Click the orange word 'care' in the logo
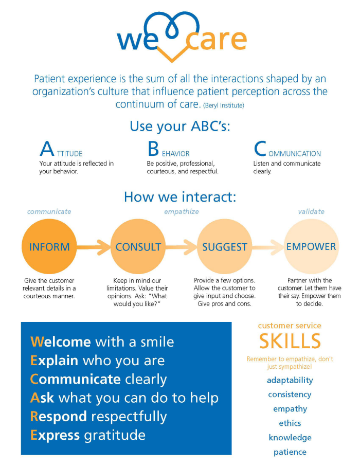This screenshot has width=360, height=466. point(217,40)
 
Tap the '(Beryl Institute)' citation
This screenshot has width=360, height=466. point(224,105)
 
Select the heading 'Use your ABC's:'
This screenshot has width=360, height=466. point(180,127)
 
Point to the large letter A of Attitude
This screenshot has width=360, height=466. point(47,149)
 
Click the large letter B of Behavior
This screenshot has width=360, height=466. point(153,149)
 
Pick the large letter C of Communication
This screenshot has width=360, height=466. point(260,149)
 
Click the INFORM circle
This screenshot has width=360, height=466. point(49,246)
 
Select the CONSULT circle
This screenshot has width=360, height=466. point(138,246)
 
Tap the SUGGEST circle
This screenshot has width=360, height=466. point(224,246)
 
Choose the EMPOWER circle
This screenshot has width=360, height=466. point(311,246)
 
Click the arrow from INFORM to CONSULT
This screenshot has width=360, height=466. point(94,247)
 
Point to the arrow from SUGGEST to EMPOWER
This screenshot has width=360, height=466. point(268,247)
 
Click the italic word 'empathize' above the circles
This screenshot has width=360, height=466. point(182,211)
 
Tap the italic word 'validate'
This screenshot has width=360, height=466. point(311,211)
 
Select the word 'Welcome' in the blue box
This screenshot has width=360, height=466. point(61,342)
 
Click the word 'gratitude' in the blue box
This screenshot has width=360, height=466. point(115,435)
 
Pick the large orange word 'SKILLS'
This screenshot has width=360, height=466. point(290,341)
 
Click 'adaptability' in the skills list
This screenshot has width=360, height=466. point(290,381)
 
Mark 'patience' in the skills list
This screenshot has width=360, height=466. point(290,452)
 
